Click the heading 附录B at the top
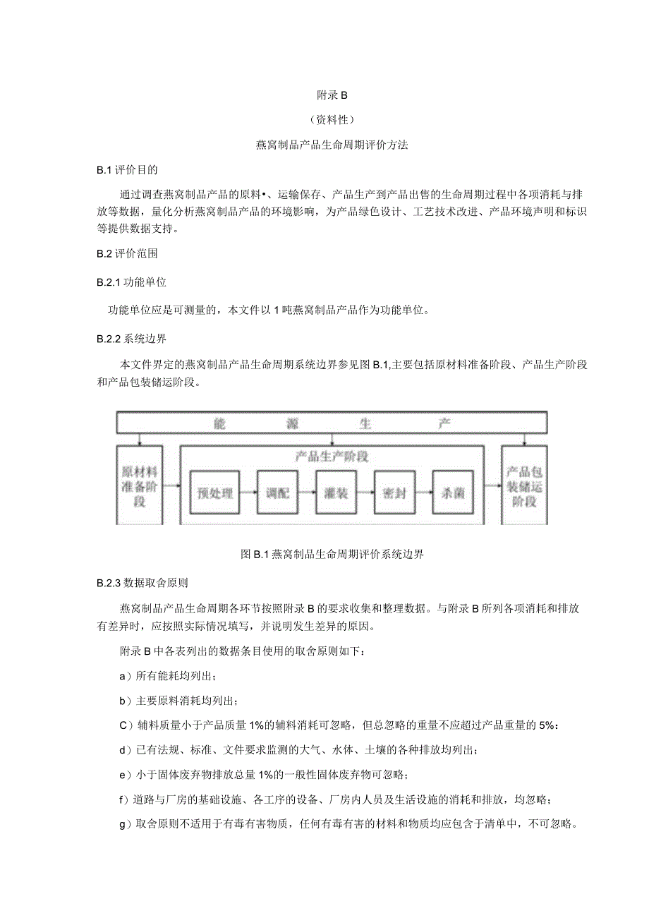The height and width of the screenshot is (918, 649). tap(324, 94)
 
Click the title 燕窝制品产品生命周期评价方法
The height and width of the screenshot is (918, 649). tap(324, 145)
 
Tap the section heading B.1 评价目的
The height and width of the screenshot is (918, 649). tap(127, 169)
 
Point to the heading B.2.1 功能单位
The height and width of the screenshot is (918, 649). tap(131, 282)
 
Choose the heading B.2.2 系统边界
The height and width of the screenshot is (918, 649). tap(131, 338)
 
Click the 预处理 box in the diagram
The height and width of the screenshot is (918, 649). tap(215, 493)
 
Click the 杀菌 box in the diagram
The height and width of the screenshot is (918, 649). tap(449, 493)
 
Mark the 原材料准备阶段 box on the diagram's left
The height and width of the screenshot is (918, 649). tap(140, 485)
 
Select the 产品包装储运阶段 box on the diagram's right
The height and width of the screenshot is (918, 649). tap(523, 485)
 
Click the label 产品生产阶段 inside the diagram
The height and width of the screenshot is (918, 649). tap(332, 457)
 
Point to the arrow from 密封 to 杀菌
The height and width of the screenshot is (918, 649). tap(420, 493)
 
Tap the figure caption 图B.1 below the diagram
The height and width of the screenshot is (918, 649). tap(332, 555)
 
